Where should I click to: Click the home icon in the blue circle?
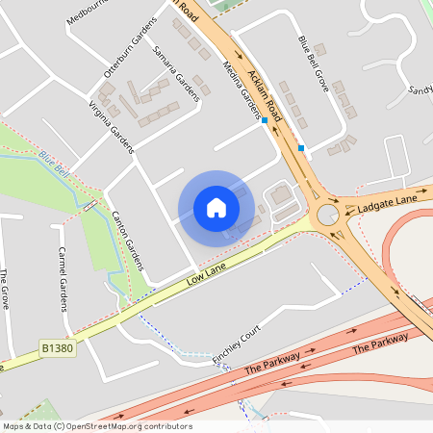[216, 208]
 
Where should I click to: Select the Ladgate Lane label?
[387, 203]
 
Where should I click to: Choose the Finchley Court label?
[237, 343]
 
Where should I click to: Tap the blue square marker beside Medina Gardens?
[264, 121]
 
